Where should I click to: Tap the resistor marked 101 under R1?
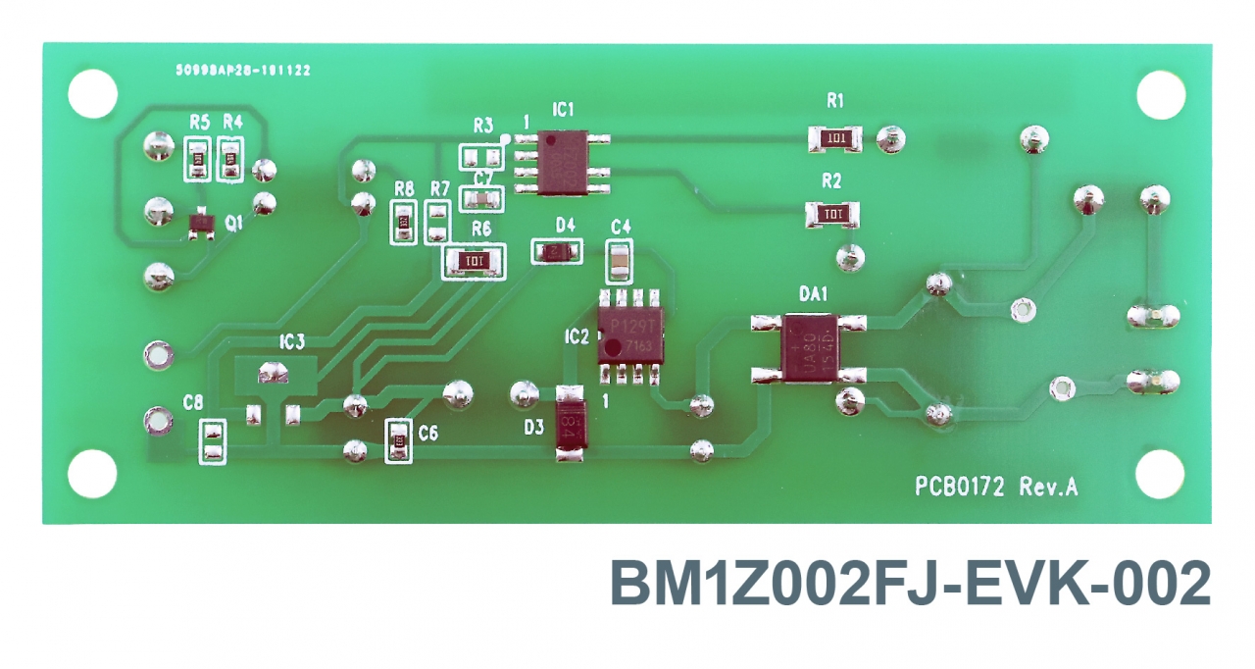point(835,138)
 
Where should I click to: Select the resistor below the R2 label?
point(831,213)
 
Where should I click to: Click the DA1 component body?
point(810,348)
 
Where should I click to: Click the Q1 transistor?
point(202,227)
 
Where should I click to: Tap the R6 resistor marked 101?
point(476,262)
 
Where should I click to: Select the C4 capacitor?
point(620,261)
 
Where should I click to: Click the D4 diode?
point(556,252)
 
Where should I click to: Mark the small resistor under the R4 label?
point(231,159)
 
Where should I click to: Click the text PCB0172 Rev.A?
point(996,487)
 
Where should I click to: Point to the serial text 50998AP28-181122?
point(242,71)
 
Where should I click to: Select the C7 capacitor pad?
point(481,200)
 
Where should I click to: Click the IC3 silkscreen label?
point(291,342)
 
